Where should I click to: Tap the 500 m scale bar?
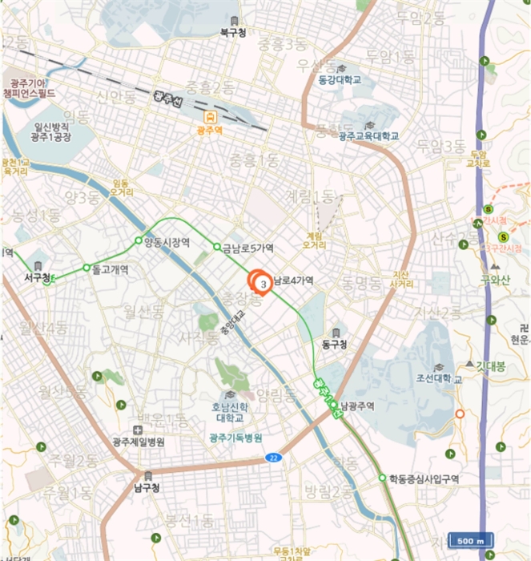470,541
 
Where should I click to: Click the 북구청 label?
234,33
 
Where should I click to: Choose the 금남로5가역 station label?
249,248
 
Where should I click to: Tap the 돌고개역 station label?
110,269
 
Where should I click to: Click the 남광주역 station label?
357,406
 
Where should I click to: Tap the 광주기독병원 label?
235,438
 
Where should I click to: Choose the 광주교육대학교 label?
368,136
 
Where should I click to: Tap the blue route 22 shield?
273,458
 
